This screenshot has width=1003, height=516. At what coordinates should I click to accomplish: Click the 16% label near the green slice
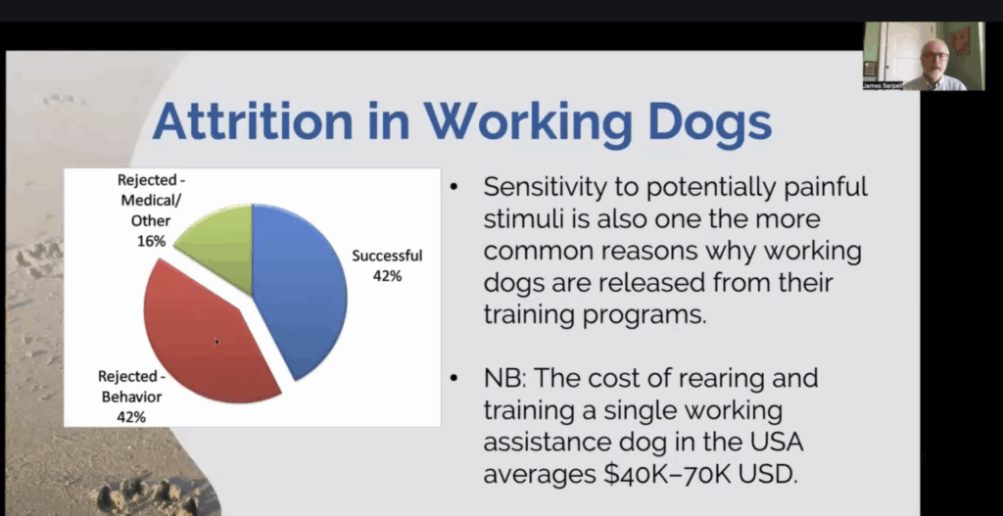pos(152,241)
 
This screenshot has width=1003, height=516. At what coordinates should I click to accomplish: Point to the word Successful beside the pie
pos(387,256)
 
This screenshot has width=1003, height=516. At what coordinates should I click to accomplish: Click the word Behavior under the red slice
pos(132,398)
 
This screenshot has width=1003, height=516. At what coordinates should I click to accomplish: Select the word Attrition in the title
pos(252,121)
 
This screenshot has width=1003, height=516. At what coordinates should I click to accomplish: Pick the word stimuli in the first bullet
pos(521,218)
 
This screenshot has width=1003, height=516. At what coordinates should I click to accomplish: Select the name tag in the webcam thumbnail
pos(883,85)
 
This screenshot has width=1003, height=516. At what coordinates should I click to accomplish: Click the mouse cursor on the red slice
pos(217,342)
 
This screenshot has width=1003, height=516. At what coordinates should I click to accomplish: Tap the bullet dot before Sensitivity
pos(454,187)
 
